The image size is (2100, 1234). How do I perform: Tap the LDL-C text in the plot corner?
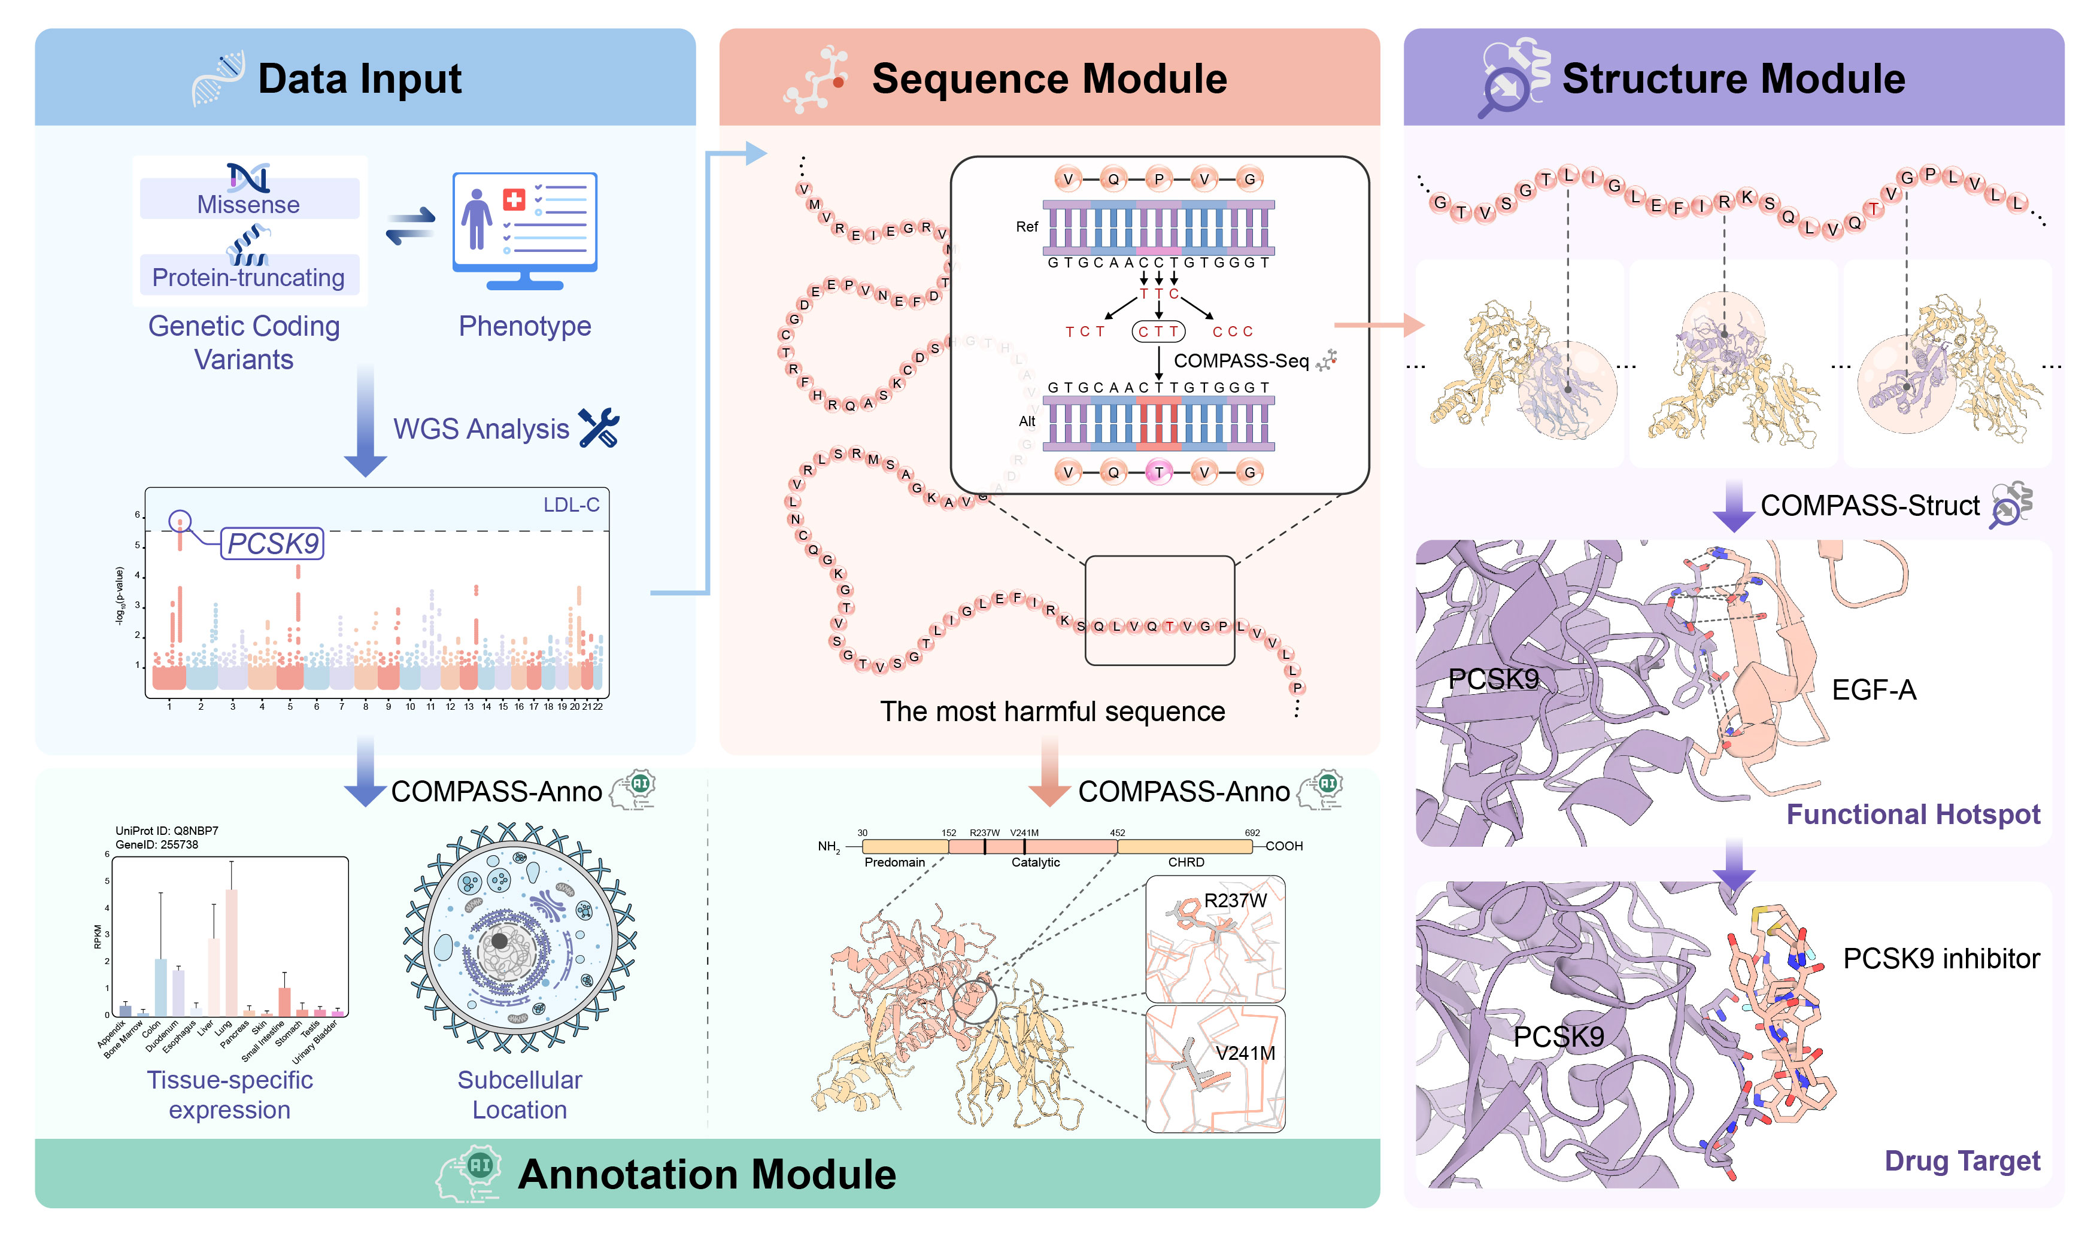pos(571,505)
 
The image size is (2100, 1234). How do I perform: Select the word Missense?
pos(248,204)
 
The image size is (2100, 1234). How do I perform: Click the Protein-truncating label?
pos(248,278)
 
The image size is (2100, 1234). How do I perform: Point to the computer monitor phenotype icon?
pos(525,229)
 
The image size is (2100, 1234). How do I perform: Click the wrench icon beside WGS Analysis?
pos(599,427)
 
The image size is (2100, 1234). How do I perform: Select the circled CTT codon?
pos(1158,332)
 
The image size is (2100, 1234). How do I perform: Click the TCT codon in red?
pos(1085,332)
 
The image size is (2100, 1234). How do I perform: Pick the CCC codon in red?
pos(1233,332)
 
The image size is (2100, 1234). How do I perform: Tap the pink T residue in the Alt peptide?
pos(1158,472)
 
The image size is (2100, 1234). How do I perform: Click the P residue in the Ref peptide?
pos(1158,179)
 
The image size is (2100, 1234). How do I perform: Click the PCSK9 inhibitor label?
pos(1941,959)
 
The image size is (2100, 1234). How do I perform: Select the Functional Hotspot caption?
pos(1913,814)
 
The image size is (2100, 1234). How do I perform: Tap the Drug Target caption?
pos(1962,1160)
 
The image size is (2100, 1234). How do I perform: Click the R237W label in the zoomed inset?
pos(1235,901)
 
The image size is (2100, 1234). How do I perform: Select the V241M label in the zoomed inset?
pos(1245,1053)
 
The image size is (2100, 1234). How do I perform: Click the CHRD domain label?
pos(1186,862)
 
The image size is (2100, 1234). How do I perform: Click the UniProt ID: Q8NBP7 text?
pos(166,831)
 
